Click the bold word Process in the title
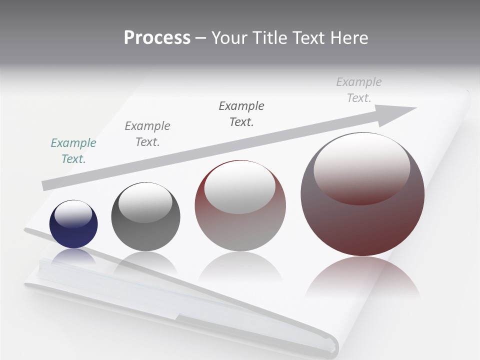pyautogui.click(x=157, y=38)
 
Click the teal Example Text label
pyautogui.click(x=73, y=151)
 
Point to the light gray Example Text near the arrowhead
pyautogui.click(x=358, y=90)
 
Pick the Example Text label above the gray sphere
pyautogui.click(x=147, y=134)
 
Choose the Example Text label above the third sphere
pyautogui.click(x=241, y=114)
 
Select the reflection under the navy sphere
pyautogui.click(x=73, y=256)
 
